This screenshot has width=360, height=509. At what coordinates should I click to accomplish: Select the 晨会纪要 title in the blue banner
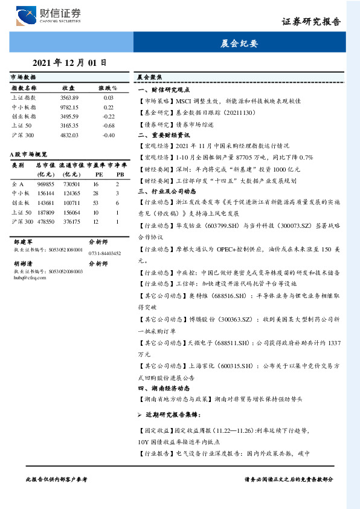point(239,44)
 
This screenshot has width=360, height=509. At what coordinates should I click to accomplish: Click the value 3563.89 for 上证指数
point(69,97)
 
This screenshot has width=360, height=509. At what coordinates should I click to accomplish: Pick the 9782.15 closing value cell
point(69,106)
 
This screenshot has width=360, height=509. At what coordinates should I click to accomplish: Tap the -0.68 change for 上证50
point(109,126)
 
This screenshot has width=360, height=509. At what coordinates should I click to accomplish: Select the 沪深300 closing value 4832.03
point(69,135)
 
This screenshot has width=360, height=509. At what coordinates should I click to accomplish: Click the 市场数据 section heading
point(23,77)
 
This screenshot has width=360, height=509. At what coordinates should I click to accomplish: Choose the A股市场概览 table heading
point(29,154)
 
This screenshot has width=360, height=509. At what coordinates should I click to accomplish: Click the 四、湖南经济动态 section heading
point(164,388)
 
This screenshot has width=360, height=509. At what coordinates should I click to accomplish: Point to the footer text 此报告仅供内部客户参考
point(57,479)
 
